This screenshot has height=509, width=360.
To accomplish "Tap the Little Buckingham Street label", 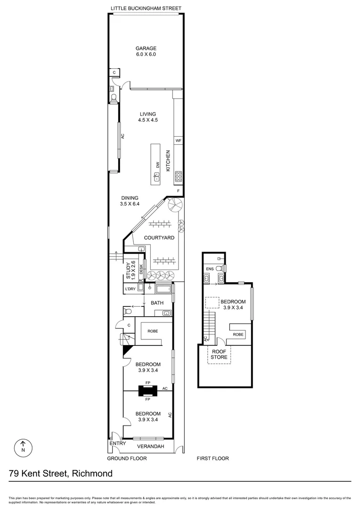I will pos(146,8).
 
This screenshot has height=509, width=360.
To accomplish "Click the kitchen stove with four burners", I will pos(179,176).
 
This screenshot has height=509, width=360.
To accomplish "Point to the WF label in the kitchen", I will pos(178,140).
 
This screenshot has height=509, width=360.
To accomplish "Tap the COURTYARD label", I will pos(159,238).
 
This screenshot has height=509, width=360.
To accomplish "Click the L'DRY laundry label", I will pos(130,289).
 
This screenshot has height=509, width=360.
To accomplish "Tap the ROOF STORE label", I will pos(219,354).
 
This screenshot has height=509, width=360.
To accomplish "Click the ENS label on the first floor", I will pos(210,269).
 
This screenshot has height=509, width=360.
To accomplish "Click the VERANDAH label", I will pos(150,446).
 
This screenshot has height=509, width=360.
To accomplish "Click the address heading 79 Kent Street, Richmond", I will pos(61,473).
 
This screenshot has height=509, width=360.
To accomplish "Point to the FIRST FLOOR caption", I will pos(213,458).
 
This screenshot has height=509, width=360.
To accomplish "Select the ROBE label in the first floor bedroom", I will pos(238,334).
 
